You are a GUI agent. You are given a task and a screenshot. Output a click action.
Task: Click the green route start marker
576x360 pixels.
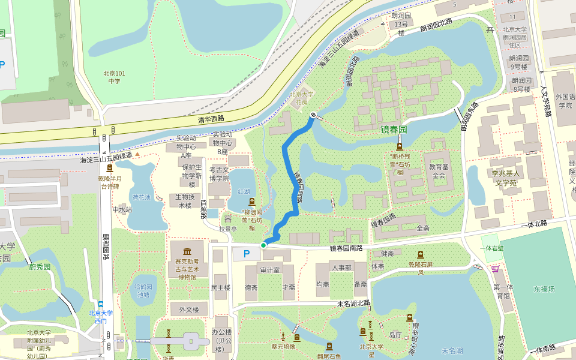263,245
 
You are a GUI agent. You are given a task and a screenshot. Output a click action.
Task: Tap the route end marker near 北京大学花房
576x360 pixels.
313,115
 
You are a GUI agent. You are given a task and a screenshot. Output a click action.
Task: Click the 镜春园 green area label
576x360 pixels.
394,130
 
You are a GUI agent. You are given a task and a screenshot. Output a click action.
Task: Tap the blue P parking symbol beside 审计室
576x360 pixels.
246,254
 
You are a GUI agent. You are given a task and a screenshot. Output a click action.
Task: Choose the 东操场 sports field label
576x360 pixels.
544,289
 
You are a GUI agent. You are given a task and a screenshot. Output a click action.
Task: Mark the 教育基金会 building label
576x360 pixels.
439,171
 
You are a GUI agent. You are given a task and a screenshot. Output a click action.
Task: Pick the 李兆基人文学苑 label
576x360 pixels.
501,178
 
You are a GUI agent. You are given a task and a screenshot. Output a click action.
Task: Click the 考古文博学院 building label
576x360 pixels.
218,174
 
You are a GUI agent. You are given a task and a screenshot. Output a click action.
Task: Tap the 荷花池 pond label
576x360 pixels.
142,197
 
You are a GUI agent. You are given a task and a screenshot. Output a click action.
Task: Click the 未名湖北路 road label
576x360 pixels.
353,304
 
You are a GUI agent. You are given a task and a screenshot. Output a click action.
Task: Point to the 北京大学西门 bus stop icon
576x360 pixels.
101,304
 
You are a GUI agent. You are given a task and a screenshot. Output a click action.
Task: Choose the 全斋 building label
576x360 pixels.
422,229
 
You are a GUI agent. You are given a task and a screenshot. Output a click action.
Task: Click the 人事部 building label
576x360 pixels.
341,267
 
